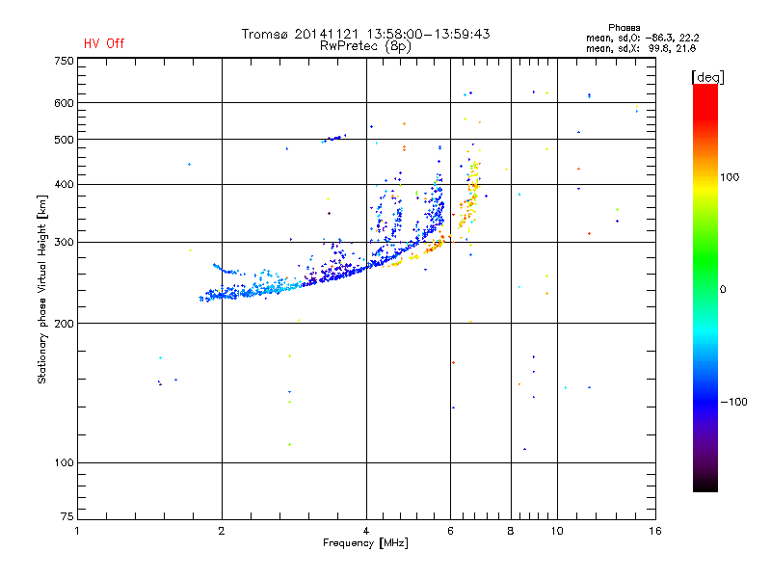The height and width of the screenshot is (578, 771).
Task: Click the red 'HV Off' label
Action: [103, 43]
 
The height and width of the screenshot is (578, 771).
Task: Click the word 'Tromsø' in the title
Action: [267, 34]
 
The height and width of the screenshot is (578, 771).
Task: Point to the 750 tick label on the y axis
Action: [64, 61]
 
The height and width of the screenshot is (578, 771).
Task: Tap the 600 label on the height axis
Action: [64, 103]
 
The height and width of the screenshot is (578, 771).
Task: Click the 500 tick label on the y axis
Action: [64, 140]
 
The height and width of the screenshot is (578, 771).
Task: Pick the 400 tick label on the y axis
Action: [64, 184]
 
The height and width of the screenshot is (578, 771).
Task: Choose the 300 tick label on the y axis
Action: [64, 242]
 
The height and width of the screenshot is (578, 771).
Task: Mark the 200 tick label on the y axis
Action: [64, 323]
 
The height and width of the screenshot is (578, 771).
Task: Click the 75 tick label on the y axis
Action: [66, 518]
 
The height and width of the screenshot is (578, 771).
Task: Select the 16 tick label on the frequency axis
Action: [655, 531]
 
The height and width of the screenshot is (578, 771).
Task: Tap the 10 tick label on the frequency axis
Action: [556, 531]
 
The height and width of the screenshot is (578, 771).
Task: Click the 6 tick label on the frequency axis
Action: [450, 531]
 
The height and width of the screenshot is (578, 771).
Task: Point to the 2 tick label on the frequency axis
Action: [222, 531]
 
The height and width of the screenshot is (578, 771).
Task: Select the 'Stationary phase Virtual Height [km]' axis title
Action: [42, 288]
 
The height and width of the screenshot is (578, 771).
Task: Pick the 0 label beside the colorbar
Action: [725, 289]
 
